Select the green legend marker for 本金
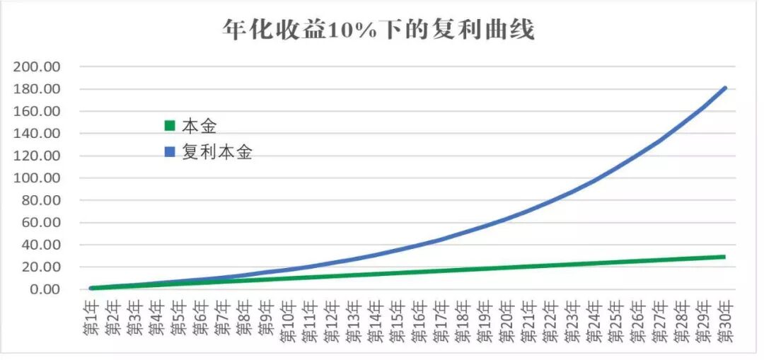click(169, 126)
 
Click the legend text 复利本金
click(217, 153)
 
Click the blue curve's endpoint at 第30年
click(725, 88)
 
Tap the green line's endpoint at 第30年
click(725, 257)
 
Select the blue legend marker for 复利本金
click(169, 153)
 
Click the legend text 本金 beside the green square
click(199, 127)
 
